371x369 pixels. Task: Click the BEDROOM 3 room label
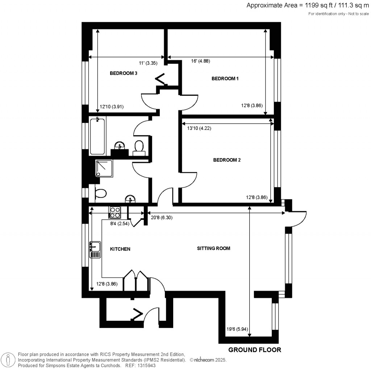click(123, 73)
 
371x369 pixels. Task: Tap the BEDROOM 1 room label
click(225, 79)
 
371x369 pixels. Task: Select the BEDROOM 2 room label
click(227, 160)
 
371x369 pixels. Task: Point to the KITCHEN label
click(120, 249)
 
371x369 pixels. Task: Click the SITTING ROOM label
click(213, 248)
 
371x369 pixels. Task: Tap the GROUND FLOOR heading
click(254, 350)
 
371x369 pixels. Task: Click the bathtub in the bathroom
click(97, 136)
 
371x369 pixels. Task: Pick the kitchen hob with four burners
click(115, 212)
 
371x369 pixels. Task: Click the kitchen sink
click(95, 249)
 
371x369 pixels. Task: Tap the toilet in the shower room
click(100, 193)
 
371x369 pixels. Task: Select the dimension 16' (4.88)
click(200, 61)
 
